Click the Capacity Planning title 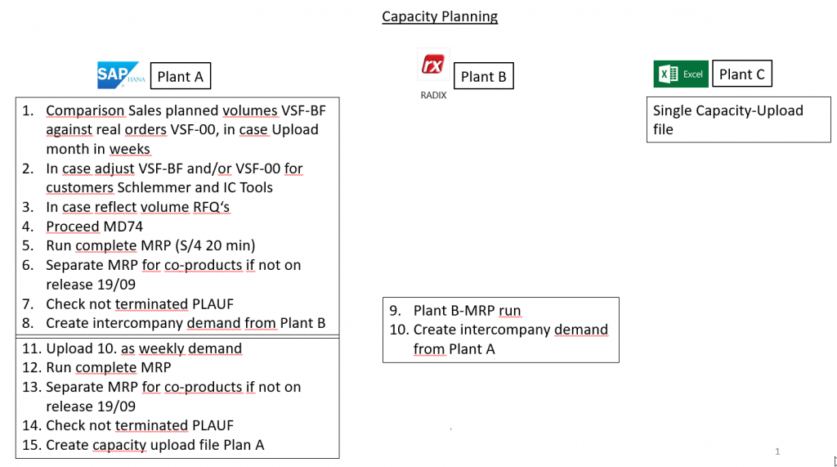coord(440,16)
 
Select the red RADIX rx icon coord(432,65)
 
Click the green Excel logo coord(680,74)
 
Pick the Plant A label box coord(180,77)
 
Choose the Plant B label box coord(483,77)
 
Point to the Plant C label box coord(741,74)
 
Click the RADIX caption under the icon coord(432,95)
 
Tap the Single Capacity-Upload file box coord(738,119)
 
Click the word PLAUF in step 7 coord(213,304)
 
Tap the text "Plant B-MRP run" coord(467,311)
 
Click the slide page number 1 coord(777,451)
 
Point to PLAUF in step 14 coord(213,425)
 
